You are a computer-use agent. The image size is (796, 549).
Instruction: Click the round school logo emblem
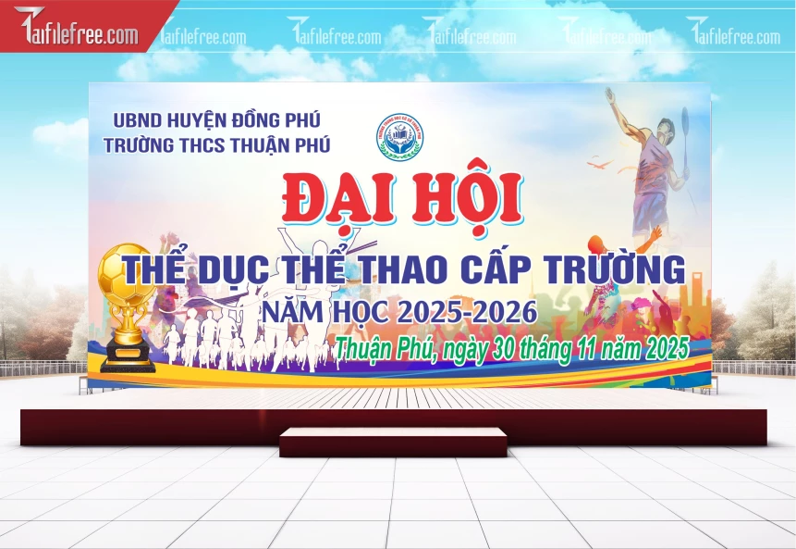click(399, 136)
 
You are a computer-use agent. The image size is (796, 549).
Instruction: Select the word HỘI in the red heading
click(469, 198)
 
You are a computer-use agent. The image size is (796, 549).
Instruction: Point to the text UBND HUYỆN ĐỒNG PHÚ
click(215, 120)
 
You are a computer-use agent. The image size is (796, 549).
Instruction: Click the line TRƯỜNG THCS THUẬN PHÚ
click(216, 144)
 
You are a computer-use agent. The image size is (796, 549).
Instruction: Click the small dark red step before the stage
click(393, 442)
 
